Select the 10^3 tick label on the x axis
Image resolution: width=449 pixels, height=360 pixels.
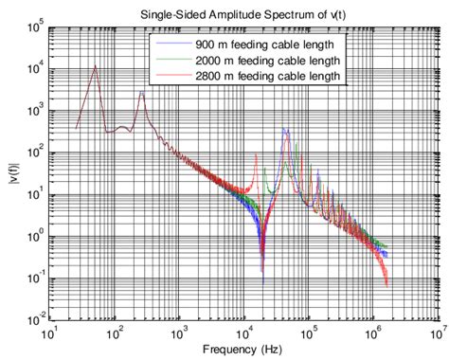180,334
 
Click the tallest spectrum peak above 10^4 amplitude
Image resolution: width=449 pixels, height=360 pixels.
96,65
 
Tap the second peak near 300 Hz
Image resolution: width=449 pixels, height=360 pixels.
142,92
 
